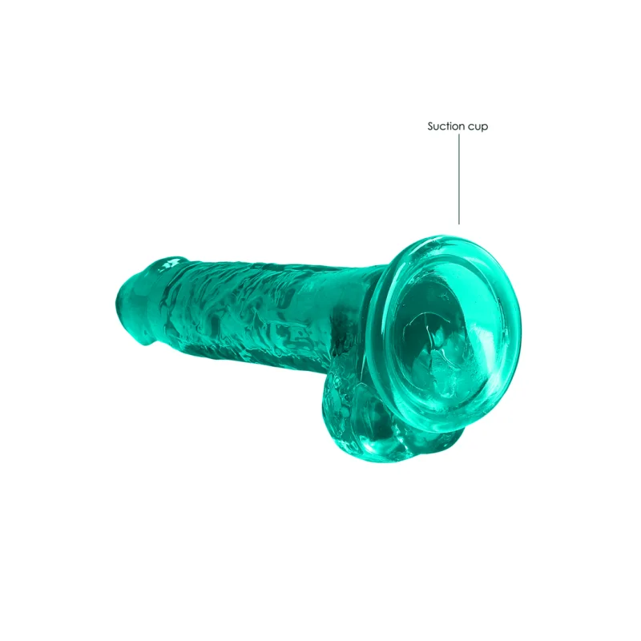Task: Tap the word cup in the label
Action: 478,127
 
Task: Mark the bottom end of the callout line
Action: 459,224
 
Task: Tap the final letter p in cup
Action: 486,127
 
